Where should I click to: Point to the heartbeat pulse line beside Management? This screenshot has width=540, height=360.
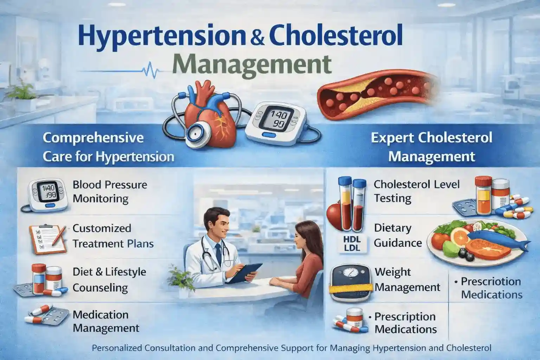[149, 69]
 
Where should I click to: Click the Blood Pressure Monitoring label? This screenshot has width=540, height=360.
[110, 192]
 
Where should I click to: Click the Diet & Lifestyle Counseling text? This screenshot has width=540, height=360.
[109, 279]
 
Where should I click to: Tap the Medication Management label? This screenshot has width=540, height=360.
[105, 321]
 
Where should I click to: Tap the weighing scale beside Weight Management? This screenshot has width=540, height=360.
[350, 282]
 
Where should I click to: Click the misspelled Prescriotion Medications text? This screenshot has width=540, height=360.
[491, 288]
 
